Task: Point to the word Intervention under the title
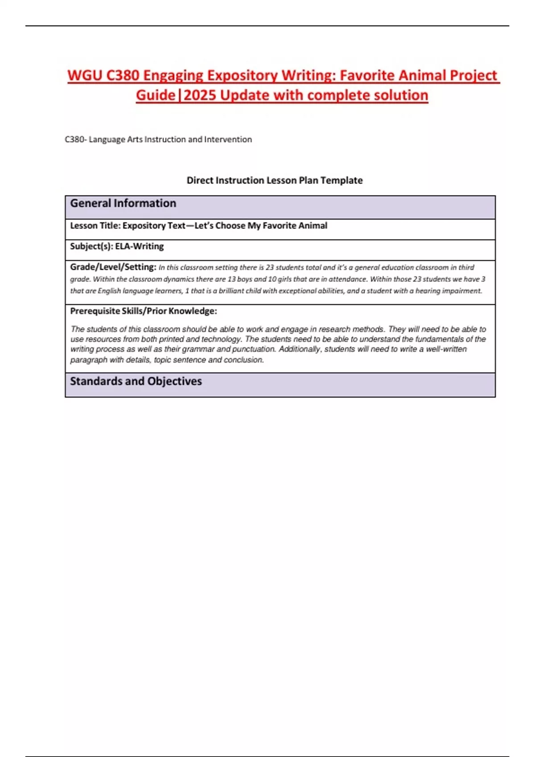[228, 139]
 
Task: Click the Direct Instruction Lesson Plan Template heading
[274, 180]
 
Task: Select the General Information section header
[123, 203]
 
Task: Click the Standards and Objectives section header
[136, 381]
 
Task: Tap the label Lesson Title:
[95, 226]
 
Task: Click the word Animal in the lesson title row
[313, 226]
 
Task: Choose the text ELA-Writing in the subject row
[140, 246]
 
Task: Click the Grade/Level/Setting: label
[113, 267]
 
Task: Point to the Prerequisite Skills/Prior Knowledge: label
[144, 311]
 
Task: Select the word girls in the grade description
[285, 279]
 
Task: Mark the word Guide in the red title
[156, 95]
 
